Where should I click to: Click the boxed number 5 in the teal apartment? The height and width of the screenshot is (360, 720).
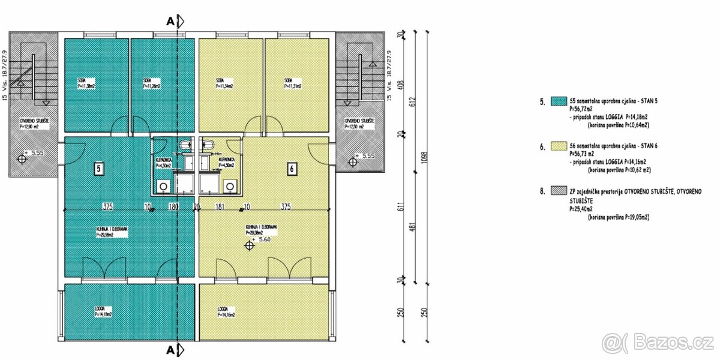(x=98, y=169)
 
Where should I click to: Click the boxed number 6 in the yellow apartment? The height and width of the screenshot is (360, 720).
(x=291, y=169)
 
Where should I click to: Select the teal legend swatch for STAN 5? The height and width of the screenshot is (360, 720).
(x=559, y=101)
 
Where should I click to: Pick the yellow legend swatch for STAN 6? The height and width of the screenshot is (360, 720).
(x=559, y=146)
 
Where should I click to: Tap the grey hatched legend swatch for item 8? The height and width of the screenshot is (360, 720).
(x=559, y=191)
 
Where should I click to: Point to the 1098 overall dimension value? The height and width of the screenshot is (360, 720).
(x=425, y=157)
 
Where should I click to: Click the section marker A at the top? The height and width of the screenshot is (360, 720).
(x=171, y=22)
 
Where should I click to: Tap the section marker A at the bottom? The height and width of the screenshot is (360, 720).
(x=171, y=349)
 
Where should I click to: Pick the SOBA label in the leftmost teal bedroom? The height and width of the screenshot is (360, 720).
(x=81, y=80)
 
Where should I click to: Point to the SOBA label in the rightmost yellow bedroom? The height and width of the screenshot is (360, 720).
(x=289, y=80)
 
